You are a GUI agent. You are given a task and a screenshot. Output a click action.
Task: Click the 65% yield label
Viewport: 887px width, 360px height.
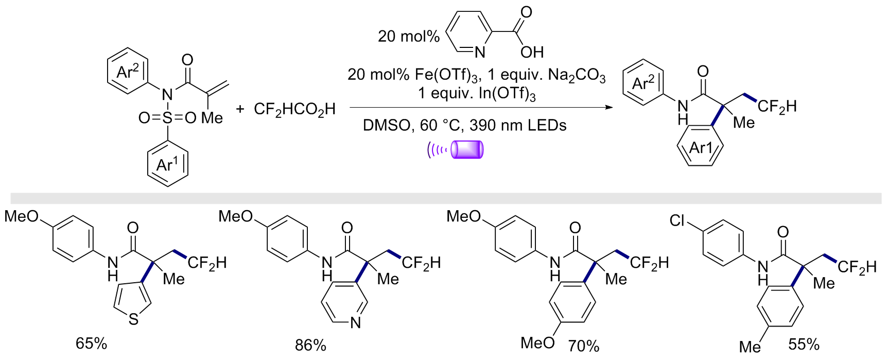[x=91, y=343]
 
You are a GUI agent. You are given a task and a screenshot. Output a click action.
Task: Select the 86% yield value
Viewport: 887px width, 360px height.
[x=310, y=345]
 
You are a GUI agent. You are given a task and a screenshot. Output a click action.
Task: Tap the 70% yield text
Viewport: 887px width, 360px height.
[x=584, y=346]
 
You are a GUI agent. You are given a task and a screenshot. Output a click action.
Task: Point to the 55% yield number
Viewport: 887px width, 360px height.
[x=804, y=344]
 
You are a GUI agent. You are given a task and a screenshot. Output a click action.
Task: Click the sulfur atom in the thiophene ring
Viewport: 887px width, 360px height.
[x=134, y=320]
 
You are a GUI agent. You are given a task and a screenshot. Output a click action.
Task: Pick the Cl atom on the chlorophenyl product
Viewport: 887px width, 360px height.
[x=677, y=220]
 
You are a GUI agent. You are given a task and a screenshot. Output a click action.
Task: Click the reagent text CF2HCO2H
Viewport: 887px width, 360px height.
[x=294, y=109]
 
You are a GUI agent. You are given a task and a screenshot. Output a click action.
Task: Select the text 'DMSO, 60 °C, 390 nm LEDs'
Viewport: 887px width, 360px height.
[x=464, y=125]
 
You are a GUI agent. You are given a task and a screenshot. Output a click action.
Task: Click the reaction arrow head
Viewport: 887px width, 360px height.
[x=609, y=108]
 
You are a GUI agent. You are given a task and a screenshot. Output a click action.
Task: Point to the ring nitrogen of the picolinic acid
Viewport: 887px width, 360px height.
[x=480, y=52]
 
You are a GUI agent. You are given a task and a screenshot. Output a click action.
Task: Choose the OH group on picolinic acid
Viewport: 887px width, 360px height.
[x=532, y=52]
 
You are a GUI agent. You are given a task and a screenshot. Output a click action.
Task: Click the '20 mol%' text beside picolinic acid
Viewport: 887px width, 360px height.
[x=409, y=36]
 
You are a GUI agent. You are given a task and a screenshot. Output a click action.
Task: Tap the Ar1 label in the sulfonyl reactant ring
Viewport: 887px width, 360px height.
[x=167, y=164]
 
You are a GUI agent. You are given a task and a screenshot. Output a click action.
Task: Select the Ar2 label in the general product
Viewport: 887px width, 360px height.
[x=643, y=82]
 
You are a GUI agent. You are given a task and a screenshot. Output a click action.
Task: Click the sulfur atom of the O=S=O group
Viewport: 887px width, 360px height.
[x=167, y=118]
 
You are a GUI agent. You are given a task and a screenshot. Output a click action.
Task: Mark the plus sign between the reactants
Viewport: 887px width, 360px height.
[x=240, y=109]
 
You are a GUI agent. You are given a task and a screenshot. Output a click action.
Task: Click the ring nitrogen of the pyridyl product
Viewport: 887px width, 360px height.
[x=355, y=323]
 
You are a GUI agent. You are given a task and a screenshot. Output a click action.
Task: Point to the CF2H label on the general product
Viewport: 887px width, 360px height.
[x=777, y=107]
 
